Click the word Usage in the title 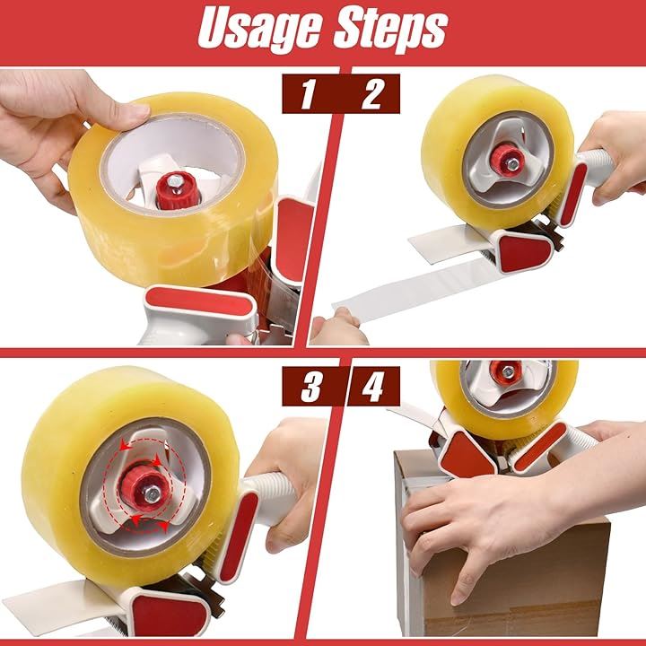(x=259, y=30)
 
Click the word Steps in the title (x=390, y=30)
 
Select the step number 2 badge (x=372, y=94)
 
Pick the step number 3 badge (x=311, y=387)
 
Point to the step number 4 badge (x=373, y=387)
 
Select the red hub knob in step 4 (x=507, y=372)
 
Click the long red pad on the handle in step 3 (x=239, y=536)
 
